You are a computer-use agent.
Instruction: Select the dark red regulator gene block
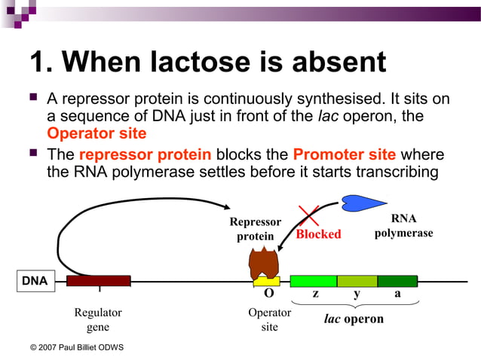pyautogui.click(x=98, y=281)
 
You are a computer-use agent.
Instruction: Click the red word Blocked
pyautogui.click(x=318, y=234)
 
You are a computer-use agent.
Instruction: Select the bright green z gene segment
pyautogui.click(x=313, y=281)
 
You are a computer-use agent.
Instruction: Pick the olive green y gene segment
pyautogui.click(x=357, y=281)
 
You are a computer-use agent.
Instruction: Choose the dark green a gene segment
pyautogui.click(x=397, y=281)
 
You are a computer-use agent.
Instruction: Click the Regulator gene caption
pyautogui.click(x=97, y=319)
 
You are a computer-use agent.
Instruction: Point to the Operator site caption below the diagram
pyautogui.click(x=269, y=319)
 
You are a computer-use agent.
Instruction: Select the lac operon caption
pyautogui.click(x=354, y=319)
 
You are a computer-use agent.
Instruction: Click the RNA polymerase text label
pyautogui.click(x=403, y=226)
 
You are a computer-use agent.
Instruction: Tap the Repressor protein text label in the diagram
pyautogui.click(x=255, y=229)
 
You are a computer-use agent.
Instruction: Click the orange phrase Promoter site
pyautogui.click(x=344, y=155)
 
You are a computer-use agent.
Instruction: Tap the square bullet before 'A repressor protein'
pyautogui.click(x=32, y=98)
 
